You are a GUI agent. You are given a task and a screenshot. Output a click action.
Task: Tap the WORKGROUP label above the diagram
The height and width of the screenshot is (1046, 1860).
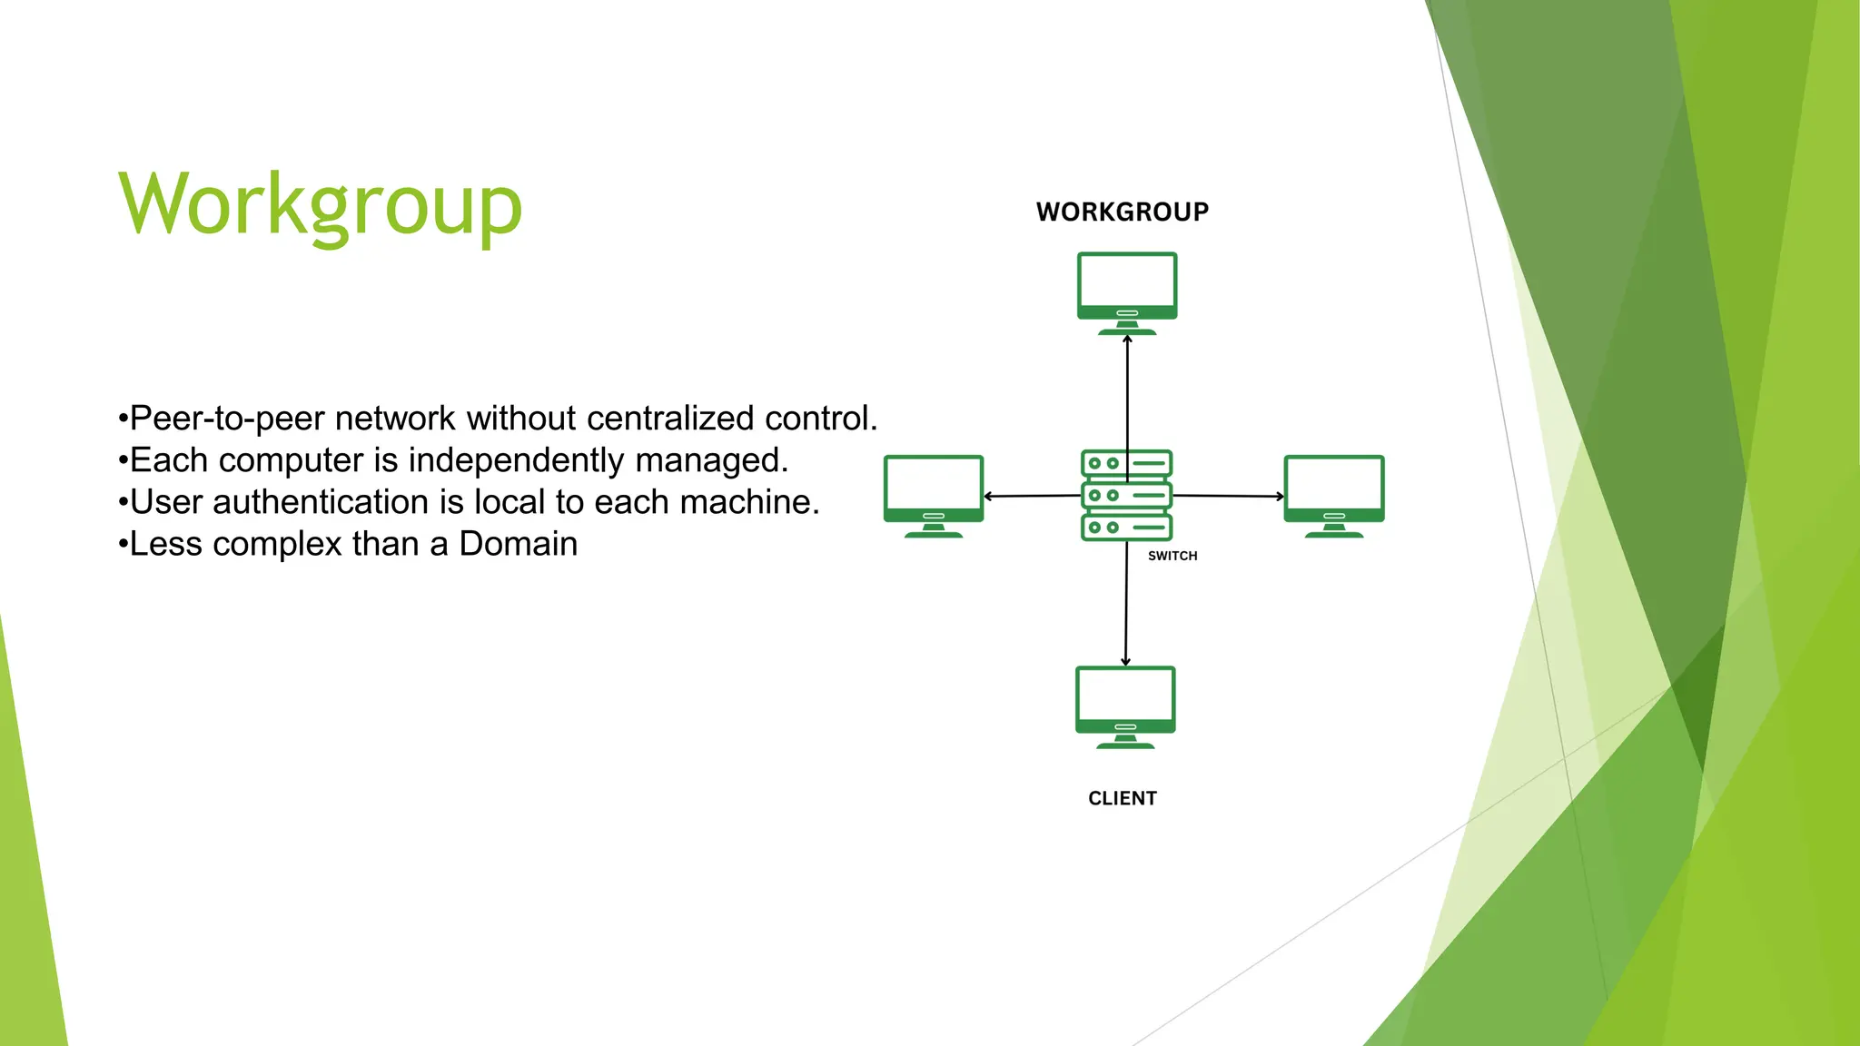pyautogui.click(x=1123, y=212)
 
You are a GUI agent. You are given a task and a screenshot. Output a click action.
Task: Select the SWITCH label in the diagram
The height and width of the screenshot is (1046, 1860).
pyautogui.click(x=1172, y=556)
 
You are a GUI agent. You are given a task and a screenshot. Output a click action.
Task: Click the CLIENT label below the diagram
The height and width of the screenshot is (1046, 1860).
pyautogui.click(x=1123, y=798)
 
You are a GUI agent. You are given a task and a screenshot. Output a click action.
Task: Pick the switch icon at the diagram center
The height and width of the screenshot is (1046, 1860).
pyautogui.click(x=1126, y=496)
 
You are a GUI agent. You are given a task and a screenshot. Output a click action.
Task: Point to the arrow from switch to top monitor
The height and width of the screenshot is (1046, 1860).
pyautogui.click(x=1127, y=390)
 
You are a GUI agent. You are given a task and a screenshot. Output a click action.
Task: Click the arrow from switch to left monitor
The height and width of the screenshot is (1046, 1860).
pyautogui.click(x=1032, y=496)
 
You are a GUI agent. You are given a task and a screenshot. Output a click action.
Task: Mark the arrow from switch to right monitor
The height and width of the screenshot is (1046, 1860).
pyautogui.click(x=1228, y=496)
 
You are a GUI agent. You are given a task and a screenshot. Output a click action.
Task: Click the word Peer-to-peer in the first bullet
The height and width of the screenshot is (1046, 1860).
pyautogui.click(x=227, y=419)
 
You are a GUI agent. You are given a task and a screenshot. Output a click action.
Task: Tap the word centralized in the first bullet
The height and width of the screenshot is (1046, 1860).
pyautogui.click(x=670, y=419)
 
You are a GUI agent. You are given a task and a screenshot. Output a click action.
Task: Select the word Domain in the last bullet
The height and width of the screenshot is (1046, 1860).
pyautogui.click(x=518, y=544)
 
